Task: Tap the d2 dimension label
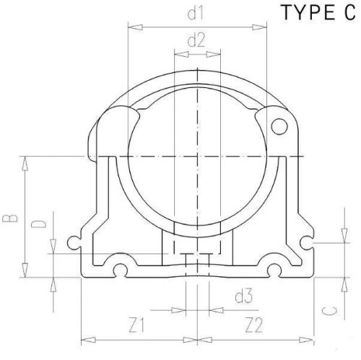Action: pos(196,41)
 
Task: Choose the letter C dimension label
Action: pos(329,312)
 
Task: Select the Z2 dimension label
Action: pos(253,324)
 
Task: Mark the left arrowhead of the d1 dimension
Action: pos(131,28)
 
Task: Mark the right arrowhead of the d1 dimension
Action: pos(262,28)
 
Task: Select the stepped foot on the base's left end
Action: pos(79,242)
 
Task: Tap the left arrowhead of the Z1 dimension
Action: pos(85,338)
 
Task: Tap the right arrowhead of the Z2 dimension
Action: pos(313,338)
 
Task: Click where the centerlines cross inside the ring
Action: pos(196,156)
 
